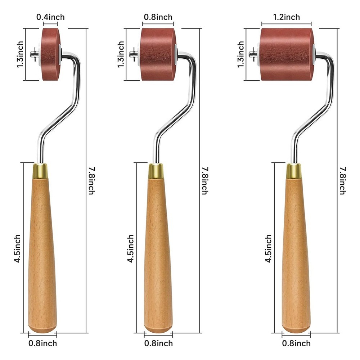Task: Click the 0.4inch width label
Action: [50, 17]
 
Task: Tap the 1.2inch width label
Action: [286, 17]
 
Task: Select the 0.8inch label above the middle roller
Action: [158, 17]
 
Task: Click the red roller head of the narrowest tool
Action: [51, 54]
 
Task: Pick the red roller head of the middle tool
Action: [158, 54]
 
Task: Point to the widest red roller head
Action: [287, 54]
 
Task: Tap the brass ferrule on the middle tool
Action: [156, 171]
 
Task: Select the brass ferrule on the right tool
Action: [294, 171]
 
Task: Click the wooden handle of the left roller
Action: [42, 255]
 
